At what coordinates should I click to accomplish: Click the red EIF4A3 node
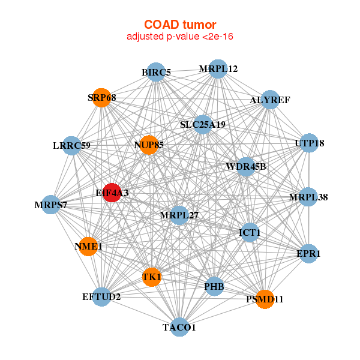coord(112,193)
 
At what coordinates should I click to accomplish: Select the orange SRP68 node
coord(101,98)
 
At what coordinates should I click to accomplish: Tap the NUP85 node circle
coord(149,145)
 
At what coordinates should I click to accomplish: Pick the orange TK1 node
coord(152,277)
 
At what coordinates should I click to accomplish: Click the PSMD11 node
coord(265,299)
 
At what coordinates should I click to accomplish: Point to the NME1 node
coord(88,247)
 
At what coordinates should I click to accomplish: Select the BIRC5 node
coord(156,72)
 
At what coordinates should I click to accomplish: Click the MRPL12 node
coord(218,69)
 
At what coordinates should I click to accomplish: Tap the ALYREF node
coord(270,100)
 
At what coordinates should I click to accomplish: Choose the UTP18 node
coord(309,143)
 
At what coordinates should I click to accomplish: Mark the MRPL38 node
coord(308,197)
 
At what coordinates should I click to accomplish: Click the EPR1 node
coord(308,253)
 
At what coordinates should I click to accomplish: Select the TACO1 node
coord(179,327)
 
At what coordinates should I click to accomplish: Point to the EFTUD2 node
coord(101,296)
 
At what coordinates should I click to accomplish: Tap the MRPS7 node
coord(51,205)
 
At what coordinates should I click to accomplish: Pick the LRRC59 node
coord(71,146)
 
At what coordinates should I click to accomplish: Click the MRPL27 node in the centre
coord(179,215)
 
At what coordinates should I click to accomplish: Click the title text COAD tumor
coord(180,25)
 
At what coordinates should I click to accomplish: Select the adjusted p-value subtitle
coord(180,37)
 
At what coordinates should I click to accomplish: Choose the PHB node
coord(214,286)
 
